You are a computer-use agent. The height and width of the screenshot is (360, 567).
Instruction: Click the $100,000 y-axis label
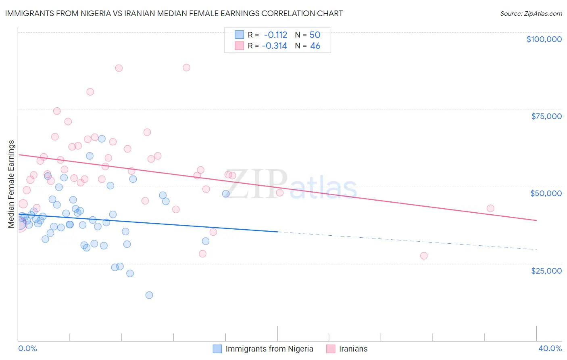(544, 39)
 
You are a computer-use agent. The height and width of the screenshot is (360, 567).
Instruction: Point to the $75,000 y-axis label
(546, 116)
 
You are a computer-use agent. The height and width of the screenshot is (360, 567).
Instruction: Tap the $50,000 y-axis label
(546, 193)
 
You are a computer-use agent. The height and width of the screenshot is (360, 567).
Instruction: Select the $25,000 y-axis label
(546, 270)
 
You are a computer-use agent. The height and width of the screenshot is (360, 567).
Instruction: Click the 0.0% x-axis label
(27, 348)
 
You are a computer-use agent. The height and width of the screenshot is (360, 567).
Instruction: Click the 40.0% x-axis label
(550, 348)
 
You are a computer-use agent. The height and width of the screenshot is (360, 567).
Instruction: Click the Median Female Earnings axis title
(11, 184)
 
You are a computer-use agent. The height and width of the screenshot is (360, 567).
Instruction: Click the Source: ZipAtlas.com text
(531, 14)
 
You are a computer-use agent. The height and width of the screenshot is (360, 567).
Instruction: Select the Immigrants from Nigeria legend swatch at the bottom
(217, 349)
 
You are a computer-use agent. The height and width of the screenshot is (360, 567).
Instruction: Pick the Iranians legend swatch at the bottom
(331, 349)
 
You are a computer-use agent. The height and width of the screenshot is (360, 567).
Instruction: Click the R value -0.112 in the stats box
(275, 35)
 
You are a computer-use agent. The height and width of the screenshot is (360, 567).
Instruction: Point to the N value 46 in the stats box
(315, 46)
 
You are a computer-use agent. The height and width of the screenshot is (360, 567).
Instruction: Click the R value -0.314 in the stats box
(274, 46)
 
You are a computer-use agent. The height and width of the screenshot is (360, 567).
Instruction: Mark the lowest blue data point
(149, 295)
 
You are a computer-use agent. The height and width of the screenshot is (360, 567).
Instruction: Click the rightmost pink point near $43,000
(490, 208)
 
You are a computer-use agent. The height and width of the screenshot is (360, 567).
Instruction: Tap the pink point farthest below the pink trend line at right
(424, 256)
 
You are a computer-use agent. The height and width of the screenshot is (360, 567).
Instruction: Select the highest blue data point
(102, 139)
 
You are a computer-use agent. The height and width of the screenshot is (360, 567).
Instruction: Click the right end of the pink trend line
(536, 220)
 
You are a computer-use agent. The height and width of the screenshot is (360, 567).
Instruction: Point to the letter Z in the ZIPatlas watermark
(236, 184)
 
